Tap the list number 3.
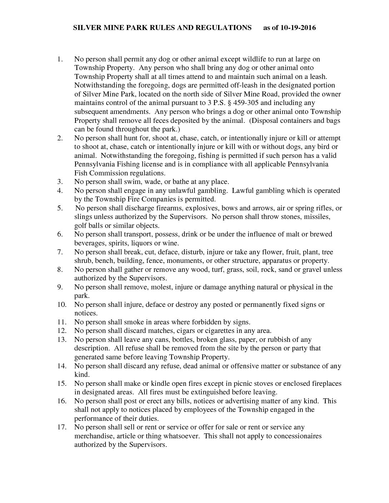coord(60,181)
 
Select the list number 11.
coord(61,322)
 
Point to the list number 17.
coord(61,427)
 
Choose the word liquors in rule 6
coord(132,243)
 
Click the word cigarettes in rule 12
coord(220,330)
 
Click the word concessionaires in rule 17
coord(299,436)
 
